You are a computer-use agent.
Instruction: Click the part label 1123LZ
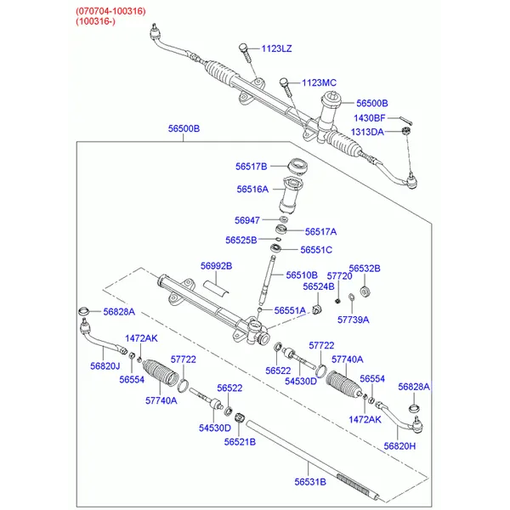[x=276, y=48]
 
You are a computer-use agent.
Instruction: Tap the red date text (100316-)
[x=95, y=21]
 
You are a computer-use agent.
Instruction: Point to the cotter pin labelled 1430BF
[x=405, y=120]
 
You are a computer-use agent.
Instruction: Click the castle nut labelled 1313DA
[x=406, y=131]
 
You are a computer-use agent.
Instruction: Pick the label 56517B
[x=251, y=167]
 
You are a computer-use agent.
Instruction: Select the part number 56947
[x=247, y=220]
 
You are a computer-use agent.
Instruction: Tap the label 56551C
[x=316, y=250]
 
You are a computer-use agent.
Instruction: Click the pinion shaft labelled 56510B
[x=267, y=279]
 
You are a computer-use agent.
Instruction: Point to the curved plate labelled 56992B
[x=216, y=288]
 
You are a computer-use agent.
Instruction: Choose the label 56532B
[x=365, y=269]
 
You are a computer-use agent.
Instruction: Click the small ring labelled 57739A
[x=351, y=297]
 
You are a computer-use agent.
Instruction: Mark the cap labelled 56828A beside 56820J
[x=84, y=311]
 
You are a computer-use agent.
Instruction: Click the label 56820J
[x=105, y=366]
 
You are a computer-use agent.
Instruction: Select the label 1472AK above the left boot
[x=141, y=338]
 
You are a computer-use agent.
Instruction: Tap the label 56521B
[x=240, y=442]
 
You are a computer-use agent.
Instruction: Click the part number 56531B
[x=310, y=482]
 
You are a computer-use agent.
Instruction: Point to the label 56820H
[x=399, y=446]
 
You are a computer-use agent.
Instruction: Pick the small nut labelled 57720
[x=337, y=301]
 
